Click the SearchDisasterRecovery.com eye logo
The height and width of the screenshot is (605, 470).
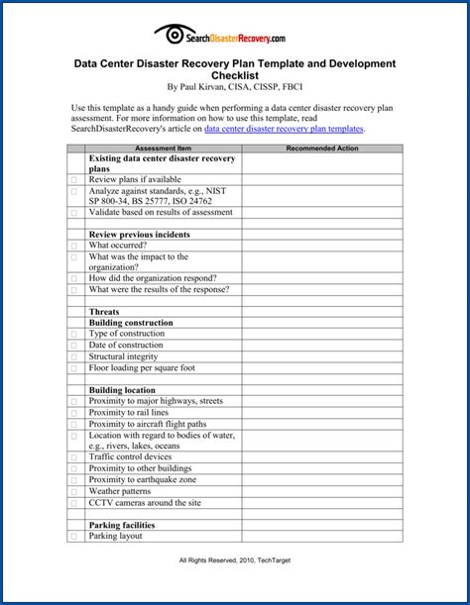click(x=168, y=36)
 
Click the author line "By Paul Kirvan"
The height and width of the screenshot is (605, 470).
click(x=235, y=86)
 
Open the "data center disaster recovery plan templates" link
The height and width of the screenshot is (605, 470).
click(x=285, y=128)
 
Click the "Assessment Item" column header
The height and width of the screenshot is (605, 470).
click(x=164, y=148)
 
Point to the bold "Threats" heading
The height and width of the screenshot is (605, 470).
click(x=104, y=311)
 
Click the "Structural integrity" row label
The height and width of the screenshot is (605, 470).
click(x=123, y=355)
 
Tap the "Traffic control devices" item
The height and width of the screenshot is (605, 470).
click(x=130, y=457)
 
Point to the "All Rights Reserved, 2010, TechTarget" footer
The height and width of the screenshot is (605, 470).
click(x=235, y=560)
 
